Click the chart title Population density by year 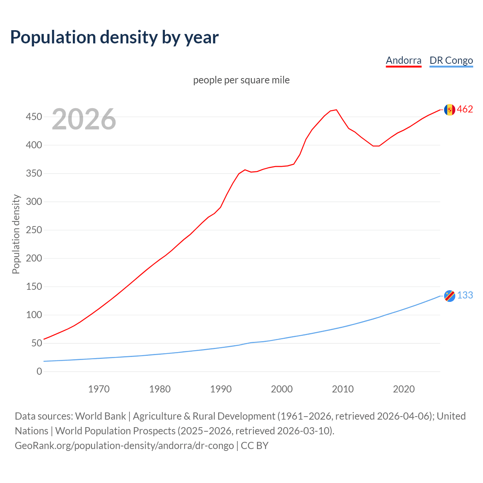(x=114, y=37)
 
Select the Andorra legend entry (x=403, y=60)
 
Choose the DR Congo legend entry (x=451, y=60)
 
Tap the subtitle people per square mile (x=241, y=80)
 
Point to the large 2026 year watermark (x=84, y=119)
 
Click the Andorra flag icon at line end (x=449, y=109)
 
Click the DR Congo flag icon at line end (x=449, y=296)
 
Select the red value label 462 (x=465, y=109)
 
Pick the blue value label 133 (x=465, y=295)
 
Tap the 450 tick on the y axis (x=34, y=117)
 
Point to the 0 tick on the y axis (x=39, y=372)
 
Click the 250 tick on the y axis (x=34, y=230)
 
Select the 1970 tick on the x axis (x=99, y=389)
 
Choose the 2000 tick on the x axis (x=282, y=389)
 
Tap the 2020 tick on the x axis (x=404, y=389)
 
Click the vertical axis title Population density (x=16, y=234)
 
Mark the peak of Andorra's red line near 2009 (x=336, y=110)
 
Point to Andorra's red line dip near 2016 (x=376, y=146)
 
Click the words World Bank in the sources (x=100, y=416)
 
